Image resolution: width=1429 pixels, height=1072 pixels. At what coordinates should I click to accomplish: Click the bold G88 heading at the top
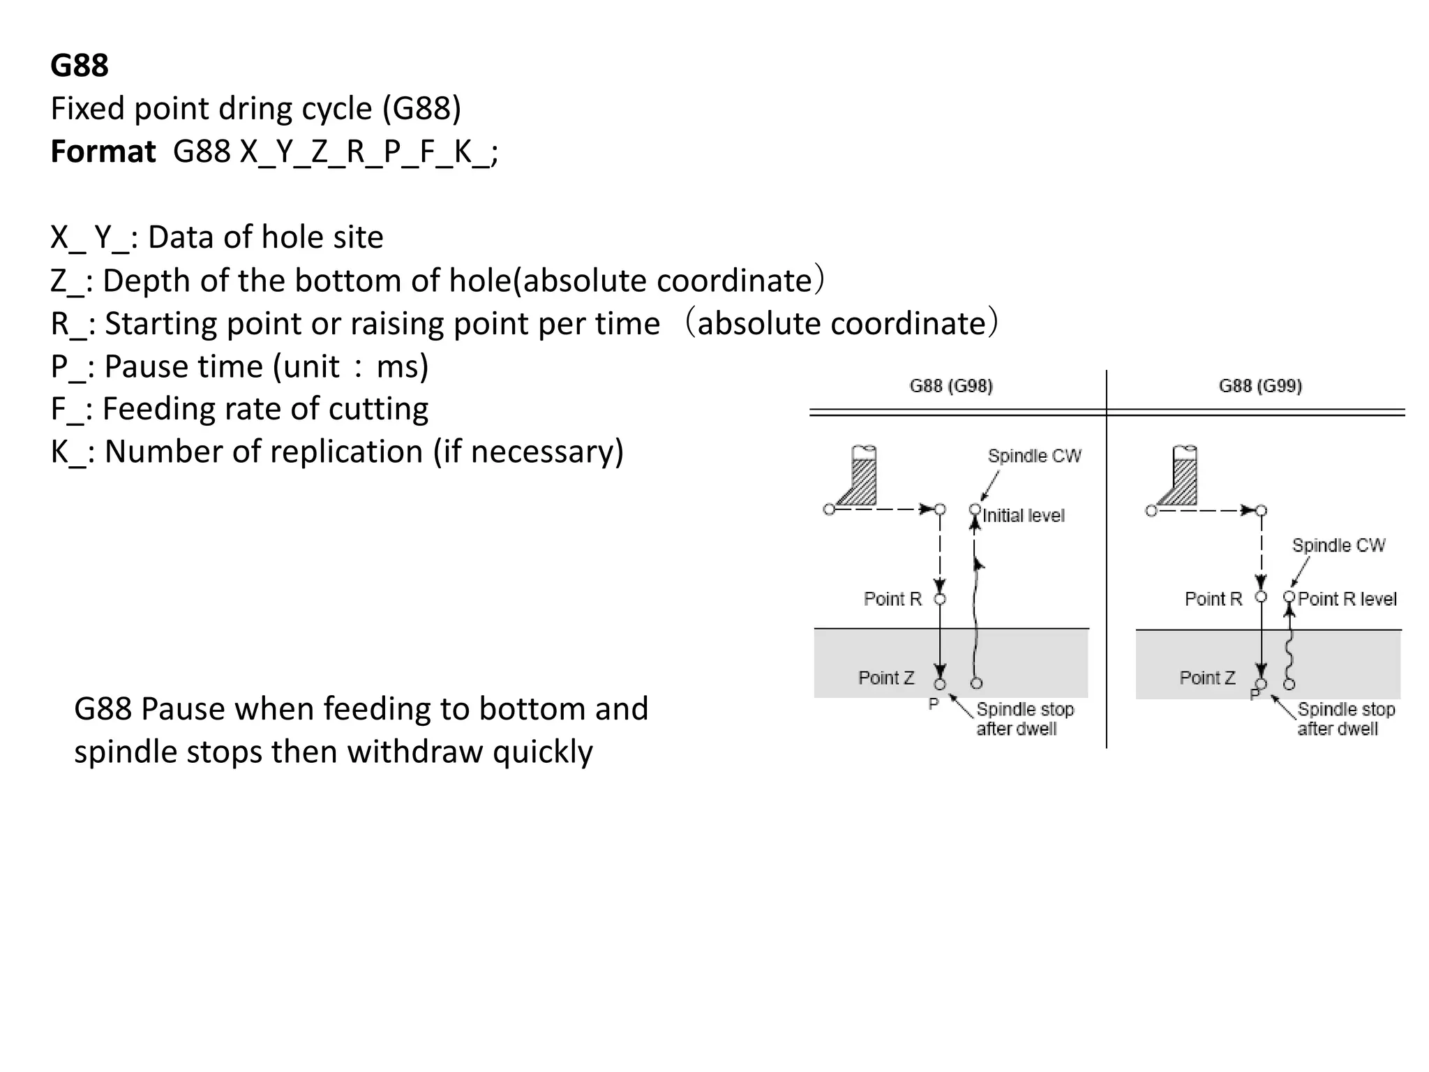(80, 66)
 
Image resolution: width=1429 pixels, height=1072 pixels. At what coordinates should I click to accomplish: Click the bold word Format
(103, 151)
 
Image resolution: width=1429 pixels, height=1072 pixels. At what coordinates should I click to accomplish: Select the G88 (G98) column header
(950, 386)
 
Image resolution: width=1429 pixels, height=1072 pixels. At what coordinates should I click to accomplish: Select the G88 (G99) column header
(1260, 386)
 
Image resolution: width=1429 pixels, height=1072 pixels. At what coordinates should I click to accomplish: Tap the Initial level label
(1023, 516)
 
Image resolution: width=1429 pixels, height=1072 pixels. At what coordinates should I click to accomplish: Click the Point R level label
(1347, 599)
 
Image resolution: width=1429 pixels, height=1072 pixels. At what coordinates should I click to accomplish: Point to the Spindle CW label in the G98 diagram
(1034, 456)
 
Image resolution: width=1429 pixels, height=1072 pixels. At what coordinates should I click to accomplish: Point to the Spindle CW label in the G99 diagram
(1338, 545)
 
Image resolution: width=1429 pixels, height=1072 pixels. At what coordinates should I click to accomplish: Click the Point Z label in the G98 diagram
(885, 678)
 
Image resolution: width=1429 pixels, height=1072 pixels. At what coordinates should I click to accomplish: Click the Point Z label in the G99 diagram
(1207, 678)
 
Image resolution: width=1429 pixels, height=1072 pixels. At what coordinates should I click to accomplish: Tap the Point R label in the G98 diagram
(892, 599)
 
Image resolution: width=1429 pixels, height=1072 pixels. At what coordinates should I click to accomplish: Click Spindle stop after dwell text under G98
(1024, 719)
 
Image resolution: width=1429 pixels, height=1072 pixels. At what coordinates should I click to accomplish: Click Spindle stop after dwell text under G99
(1345, 719)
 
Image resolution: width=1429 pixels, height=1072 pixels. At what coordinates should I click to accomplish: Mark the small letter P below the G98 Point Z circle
(933, 704)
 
